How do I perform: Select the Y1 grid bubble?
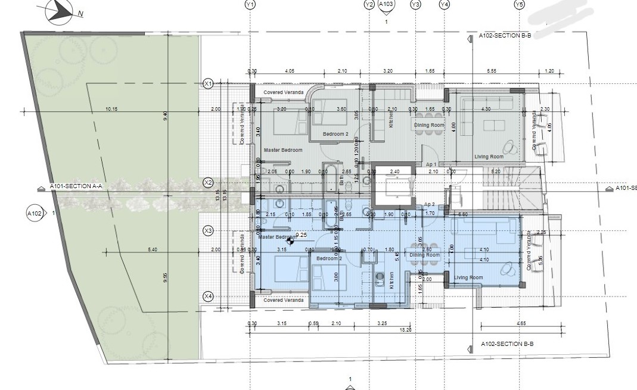pyautogui.click(x=250, y=5)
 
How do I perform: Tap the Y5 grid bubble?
pyautogui.click(x=519, y=5)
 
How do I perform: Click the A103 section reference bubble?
pyautogui.click(x=386, y=5)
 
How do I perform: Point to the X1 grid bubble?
pyautogui.click(x=209, y=83)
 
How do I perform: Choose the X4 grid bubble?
pyautogui.click(x=209, y=296)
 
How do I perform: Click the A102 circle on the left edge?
pyautogui.click(x=35, y=212)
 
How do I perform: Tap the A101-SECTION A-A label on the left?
pyautogui.click(x=76, y=186)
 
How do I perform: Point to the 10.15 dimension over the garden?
pyautogui.click(x=111, y=109)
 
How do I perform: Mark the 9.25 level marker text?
pyautogui.click(x=301, y=236)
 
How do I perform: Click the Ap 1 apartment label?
pyautogui.click(x=431, y=164)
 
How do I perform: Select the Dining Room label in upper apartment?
pyautogui.click(x=430, y=125)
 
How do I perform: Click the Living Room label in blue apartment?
pyautogui.click(x=468, y=277)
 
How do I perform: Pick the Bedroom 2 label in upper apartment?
pyautogui.click(x=335, y=134)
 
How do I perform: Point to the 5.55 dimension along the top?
pyautogui.click(x=491, y=71)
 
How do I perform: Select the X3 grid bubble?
pyautogui.click(x=209, y=230)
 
